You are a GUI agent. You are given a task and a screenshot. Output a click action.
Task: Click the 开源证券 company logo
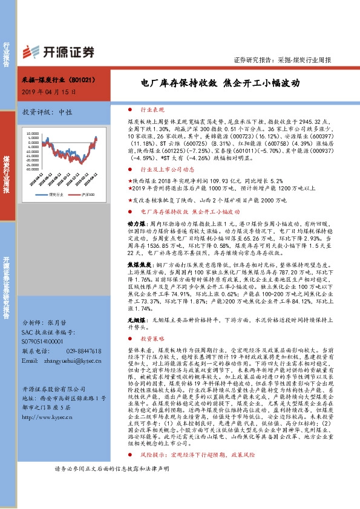pyautogui.click(x=57, y=51)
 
